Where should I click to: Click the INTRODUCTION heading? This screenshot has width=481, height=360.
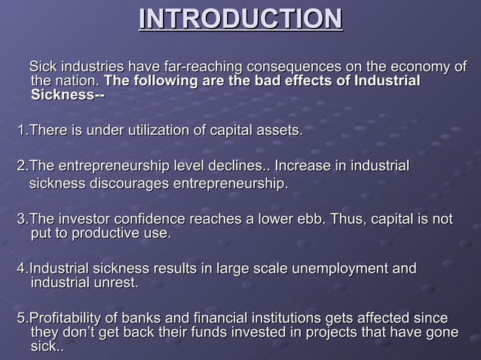click(x=240, y=20)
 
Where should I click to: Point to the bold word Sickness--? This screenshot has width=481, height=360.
click(x=67, y=95)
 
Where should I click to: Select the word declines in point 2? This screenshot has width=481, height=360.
click(x=231, y=166)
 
